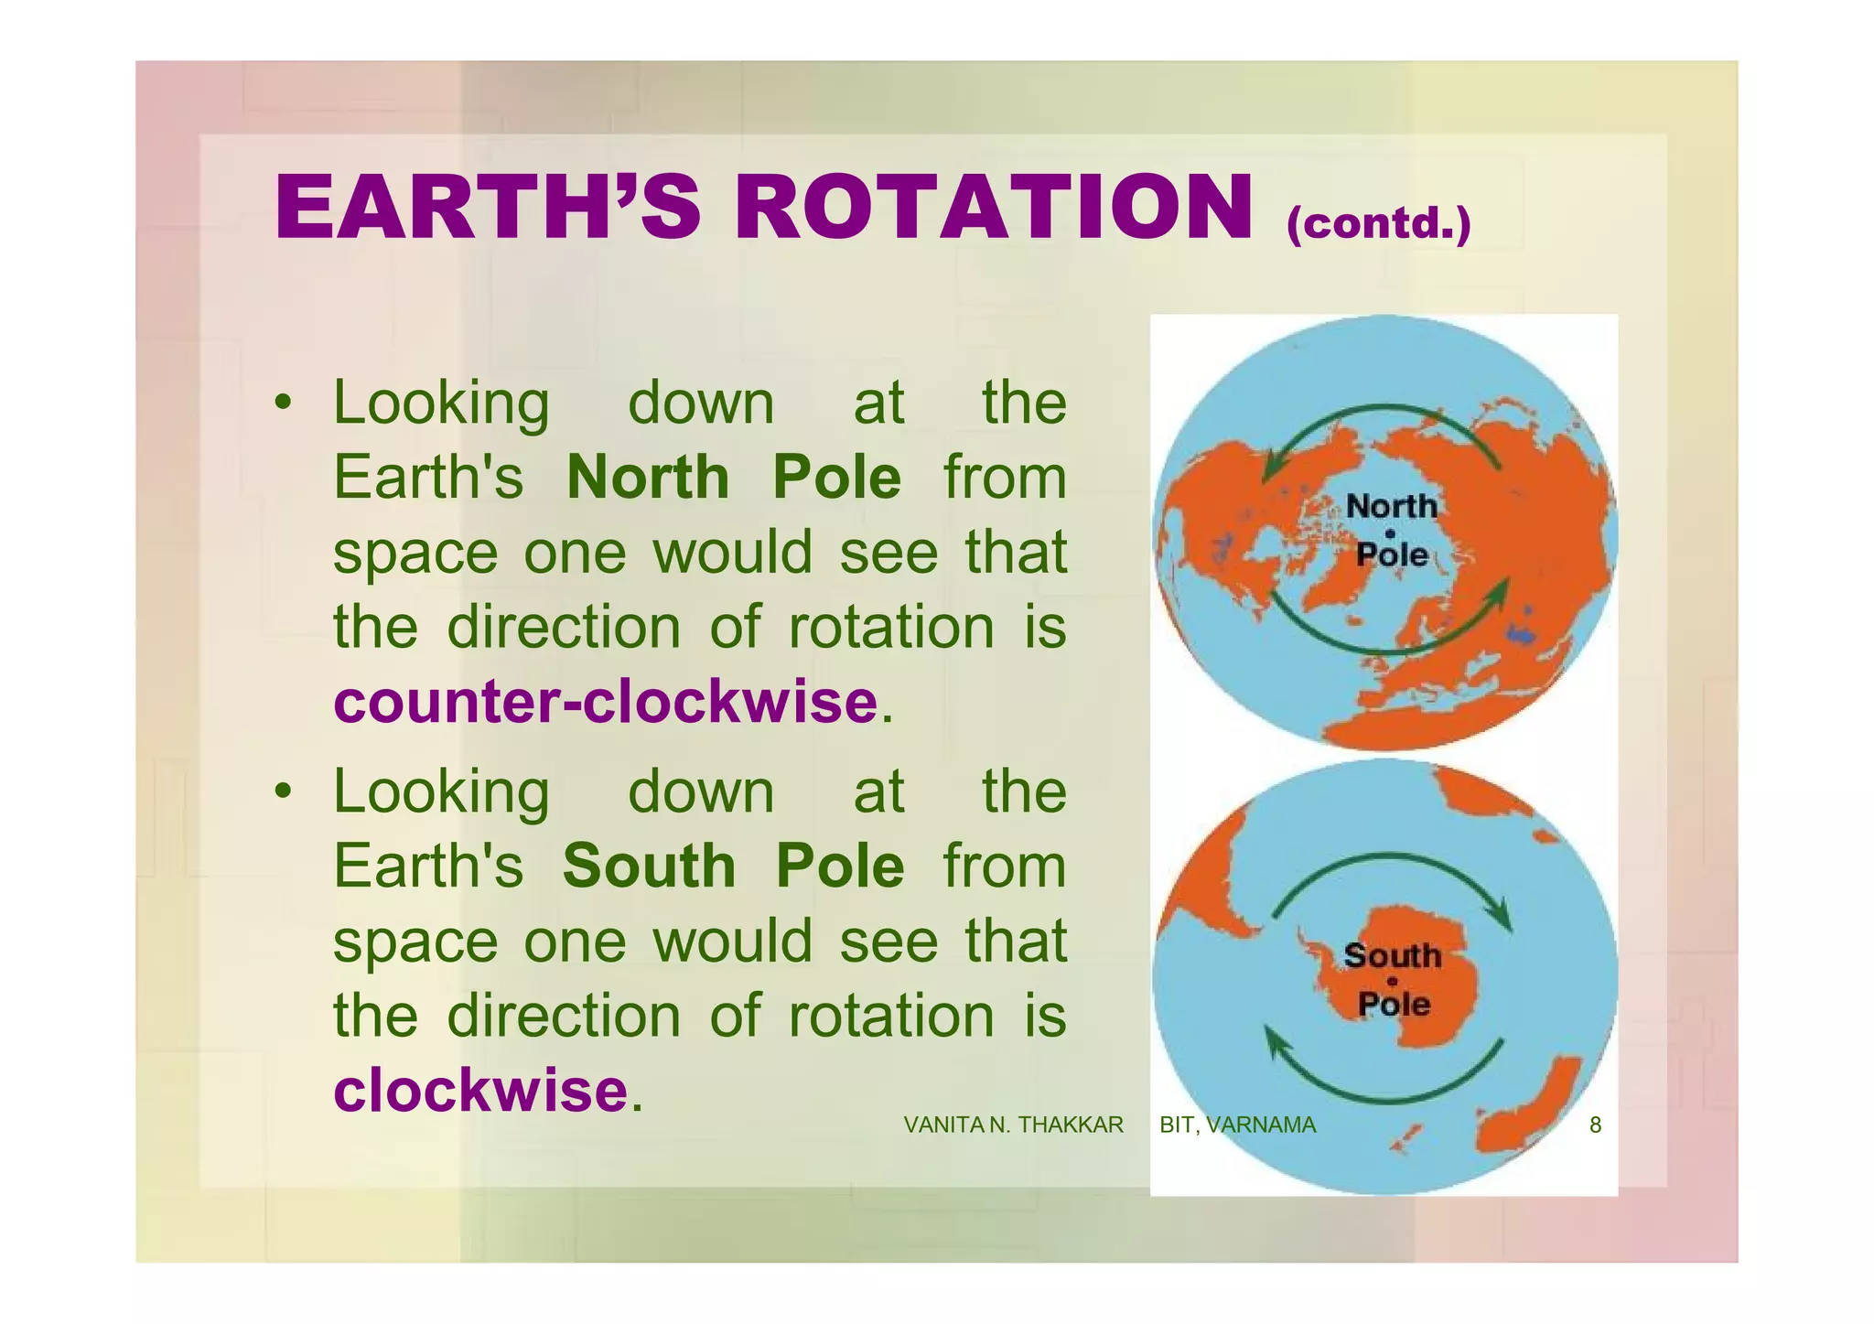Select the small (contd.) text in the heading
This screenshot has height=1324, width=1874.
click(x=1378, y=222)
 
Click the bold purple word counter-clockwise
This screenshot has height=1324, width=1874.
click(x=605, y=702)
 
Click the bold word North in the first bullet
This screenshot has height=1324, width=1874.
click(x=648, y=478)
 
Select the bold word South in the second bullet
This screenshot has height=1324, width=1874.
click(x=649, y=866)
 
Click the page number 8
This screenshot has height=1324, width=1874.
click(x=1595, y=1125)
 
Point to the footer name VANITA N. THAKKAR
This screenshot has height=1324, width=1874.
click(x=1013, y=1125)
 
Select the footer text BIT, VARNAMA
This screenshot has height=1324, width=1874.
click(x=1237, y=1125)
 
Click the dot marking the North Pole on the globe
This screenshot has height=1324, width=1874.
click(x=1390, y=533)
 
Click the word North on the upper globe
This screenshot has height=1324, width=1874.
click(x=1391, y=506)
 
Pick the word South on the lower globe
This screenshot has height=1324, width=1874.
click(x=1392, y=956)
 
